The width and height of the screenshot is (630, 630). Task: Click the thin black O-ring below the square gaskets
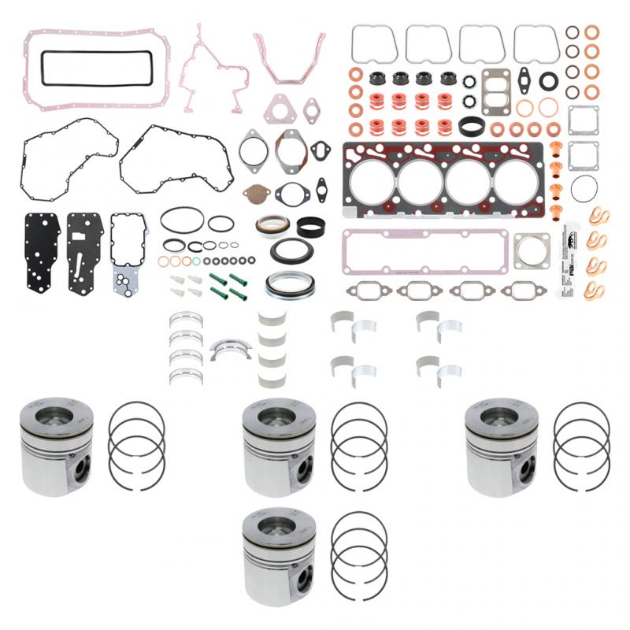tap(584, 189)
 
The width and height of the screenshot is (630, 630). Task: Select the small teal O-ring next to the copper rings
tap(187, 261)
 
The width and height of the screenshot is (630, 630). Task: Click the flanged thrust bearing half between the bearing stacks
tap(231, 349)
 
